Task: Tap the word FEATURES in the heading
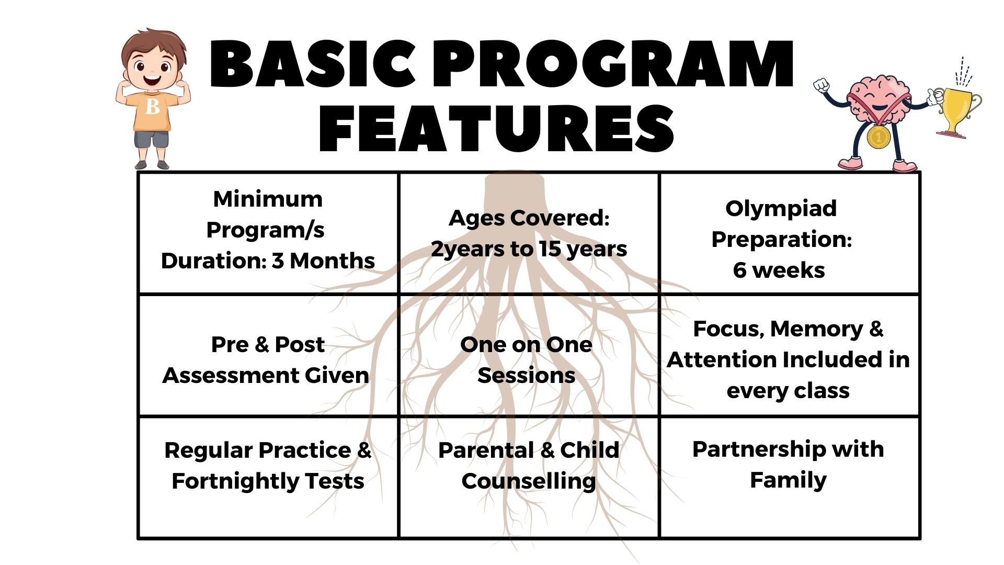(x=496, y=128)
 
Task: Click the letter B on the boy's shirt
(x=153, y=107)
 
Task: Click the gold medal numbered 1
(x=878, y=137)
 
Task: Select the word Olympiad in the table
(x=781, y=209)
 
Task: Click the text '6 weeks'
(x=779, y=270)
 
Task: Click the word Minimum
(x=268, y=199)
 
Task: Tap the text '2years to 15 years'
(x=529, y=250)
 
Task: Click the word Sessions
(x=526, y=375)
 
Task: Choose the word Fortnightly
(x=234, y=481)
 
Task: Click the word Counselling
(x=529, y=481)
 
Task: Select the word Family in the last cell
(x=788, y=480)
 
